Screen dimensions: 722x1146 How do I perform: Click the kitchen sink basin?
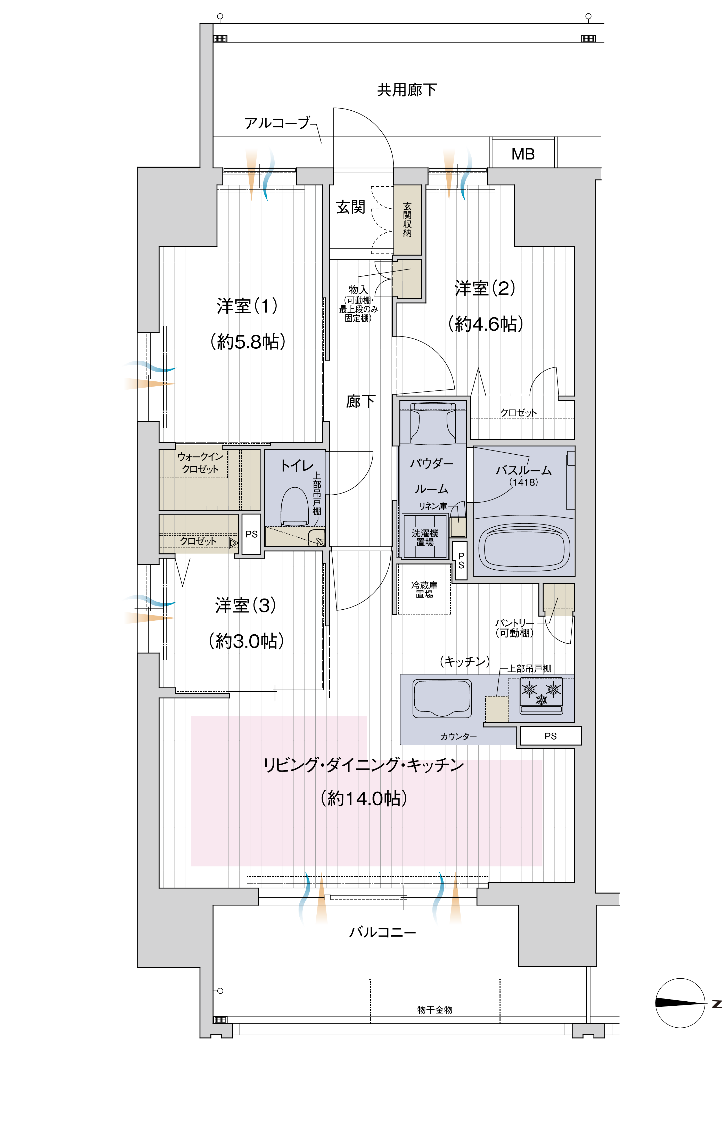coord(442,698)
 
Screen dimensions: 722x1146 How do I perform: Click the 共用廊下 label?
coord(407,89)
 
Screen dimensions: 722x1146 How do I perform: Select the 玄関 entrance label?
coord(350,207)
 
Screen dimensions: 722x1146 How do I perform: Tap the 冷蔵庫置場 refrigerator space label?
coord(424,590)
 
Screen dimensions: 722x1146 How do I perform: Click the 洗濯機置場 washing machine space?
coord(425,536)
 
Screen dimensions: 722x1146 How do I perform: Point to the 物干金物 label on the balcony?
coord(434,1009)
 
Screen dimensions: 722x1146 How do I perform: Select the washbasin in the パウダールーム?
coord(432,422)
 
